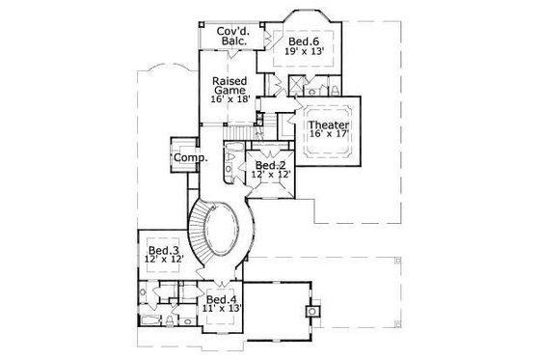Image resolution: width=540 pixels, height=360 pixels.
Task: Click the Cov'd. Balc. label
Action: click(x=235, y=36)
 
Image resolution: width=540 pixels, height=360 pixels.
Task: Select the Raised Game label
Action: click(x=230, y=85)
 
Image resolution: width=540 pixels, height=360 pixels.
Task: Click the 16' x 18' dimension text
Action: click(x=230, y=98)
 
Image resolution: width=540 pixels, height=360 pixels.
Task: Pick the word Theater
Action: click(x=328, y=124)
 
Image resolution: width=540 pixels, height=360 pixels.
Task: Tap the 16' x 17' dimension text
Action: click(x=328, y=135)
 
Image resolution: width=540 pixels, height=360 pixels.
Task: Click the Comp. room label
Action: click(x=186, y=158)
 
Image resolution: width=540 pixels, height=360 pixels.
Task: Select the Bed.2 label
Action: click(x=270, y=163)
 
